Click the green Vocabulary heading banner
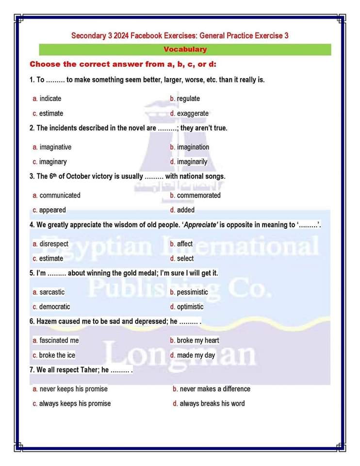[185, 49]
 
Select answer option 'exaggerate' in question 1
[192, 113]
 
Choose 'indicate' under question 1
[50, 99]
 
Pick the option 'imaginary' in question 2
[53, 162]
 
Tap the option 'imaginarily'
[192, 162]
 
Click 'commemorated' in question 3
[198, 195]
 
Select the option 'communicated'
[60, 195]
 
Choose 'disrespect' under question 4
[53, 244]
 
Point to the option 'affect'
[184, 244]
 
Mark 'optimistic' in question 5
[190, 307]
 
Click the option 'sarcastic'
[51, 292]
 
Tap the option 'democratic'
[54, 307]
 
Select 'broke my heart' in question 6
[197, 340]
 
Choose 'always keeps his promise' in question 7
[75, 403]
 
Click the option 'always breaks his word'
[212, 403]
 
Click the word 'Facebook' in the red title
[146, 35]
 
